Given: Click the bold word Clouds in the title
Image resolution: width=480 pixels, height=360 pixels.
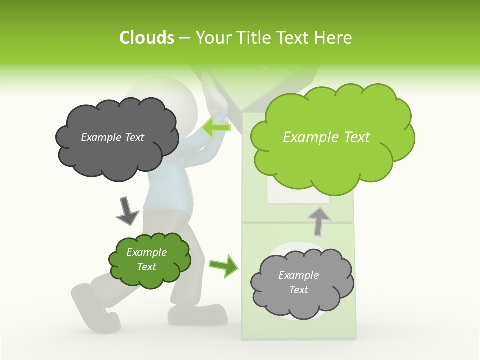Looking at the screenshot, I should [147, 38].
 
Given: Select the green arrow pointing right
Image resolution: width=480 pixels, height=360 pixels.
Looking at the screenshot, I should [223, 265].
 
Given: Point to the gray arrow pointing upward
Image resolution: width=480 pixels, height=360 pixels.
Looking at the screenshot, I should [319, 220].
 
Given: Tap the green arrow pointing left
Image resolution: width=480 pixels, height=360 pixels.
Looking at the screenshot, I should [216, 127].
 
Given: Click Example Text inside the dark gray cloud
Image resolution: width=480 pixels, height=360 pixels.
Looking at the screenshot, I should [112, 137].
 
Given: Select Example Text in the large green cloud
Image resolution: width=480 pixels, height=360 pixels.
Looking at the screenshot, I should [326, 137].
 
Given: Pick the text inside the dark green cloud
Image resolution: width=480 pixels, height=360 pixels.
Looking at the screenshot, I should [146, 260].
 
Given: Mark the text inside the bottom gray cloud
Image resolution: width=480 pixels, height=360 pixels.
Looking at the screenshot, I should [298, 283].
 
